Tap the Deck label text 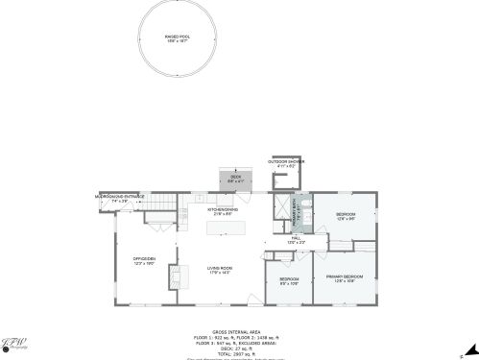tap(236, 178)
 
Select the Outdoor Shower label tap(286, 163)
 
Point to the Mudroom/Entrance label tap(121, 199)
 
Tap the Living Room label tap(222, 270)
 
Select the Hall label tap(296, 239)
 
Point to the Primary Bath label tap(297, 210)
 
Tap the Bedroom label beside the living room tap(289, 281)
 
